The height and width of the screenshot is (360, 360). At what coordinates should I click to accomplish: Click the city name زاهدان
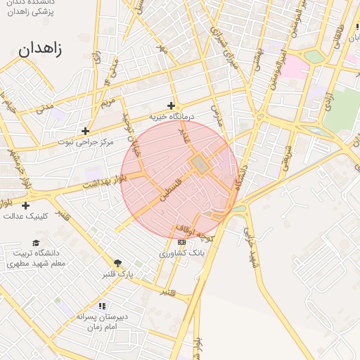tap(39, 49)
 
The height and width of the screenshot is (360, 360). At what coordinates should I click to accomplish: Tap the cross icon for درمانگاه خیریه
tap(170, 105)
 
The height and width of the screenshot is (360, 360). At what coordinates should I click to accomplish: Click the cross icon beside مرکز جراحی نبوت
tap(85, 131)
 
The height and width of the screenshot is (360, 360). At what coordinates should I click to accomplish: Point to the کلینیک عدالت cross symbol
tap(25, 205)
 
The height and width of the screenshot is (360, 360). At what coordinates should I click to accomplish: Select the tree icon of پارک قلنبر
tap(117, 263)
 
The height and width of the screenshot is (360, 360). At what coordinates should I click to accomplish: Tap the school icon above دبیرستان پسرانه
tap(102, 306)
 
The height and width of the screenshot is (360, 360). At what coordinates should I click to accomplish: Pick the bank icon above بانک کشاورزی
tap(182, 242)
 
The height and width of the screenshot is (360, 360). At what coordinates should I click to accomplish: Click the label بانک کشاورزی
tap(182, 252)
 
